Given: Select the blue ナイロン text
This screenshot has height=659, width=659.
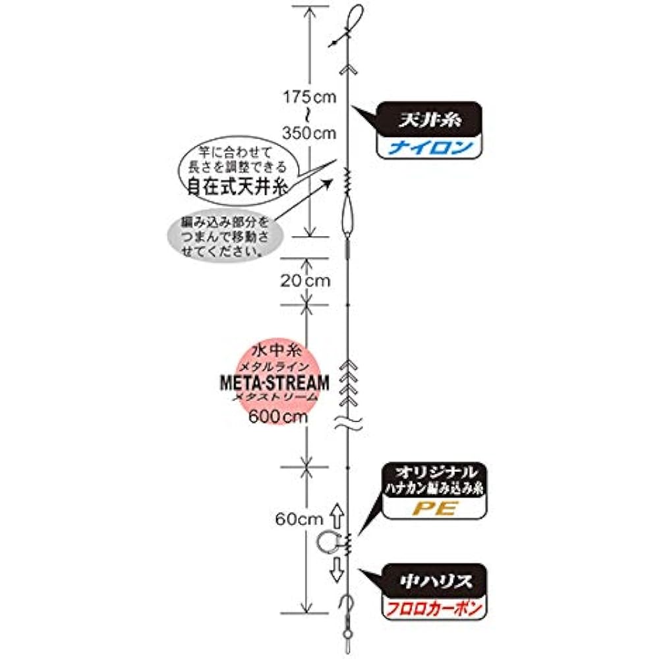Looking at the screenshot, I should (x=430, y=147).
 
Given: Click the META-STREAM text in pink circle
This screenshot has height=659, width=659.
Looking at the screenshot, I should (x=273, y=383).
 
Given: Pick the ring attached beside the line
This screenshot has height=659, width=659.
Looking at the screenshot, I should (x=328, y=542).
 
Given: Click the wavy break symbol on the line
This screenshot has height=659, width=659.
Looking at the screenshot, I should (x=347, y=424).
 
